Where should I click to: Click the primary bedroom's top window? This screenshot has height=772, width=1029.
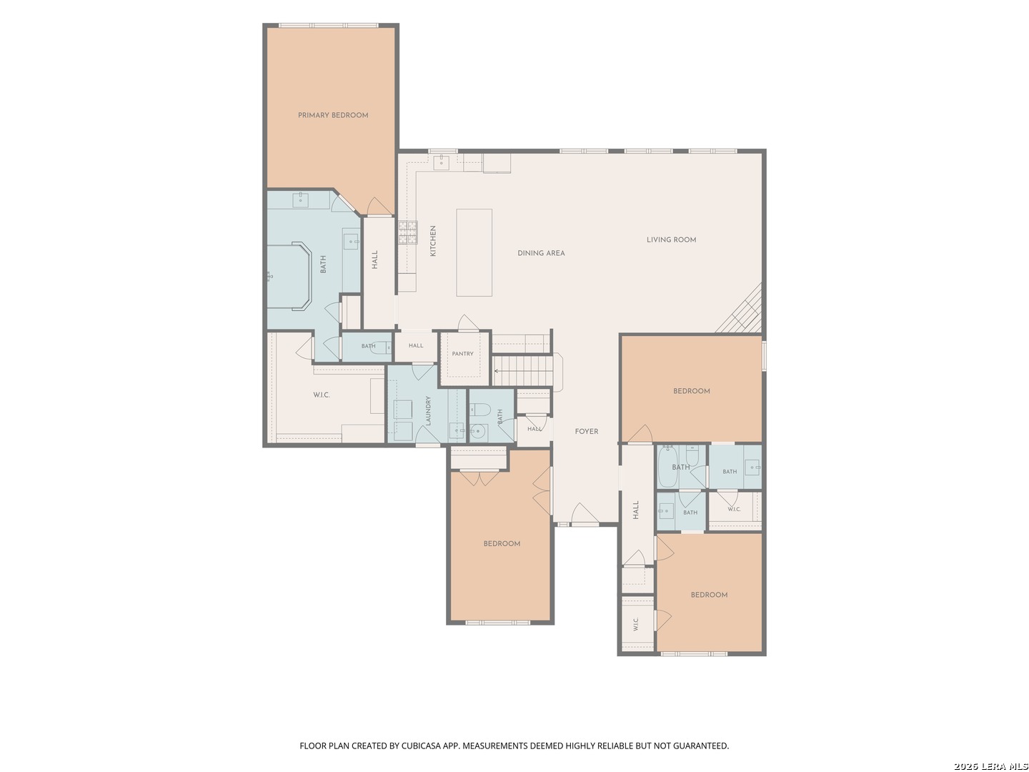328,25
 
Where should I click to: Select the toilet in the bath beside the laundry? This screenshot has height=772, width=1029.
479,410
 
